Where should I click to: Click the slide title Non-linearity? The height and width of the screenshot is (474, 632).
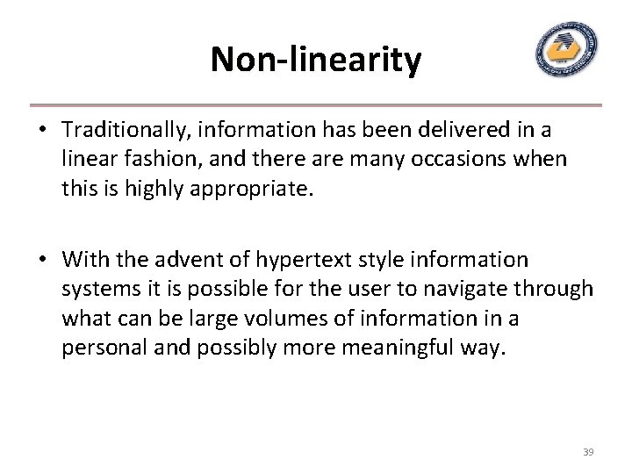click(316, 61)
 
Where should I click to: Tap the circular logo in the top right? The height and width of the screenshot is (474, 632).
click(566, 50)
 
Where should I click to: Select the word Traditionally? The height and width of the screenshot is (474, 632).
click(123, 130)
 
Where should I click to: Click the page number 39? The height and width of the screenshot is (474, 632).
click(588, 452)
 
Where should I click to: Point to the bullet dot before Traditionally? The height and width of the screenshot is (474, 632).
click(41, 131)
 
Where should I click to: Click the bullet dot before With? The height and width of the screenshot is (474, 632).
click(41, 261)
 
